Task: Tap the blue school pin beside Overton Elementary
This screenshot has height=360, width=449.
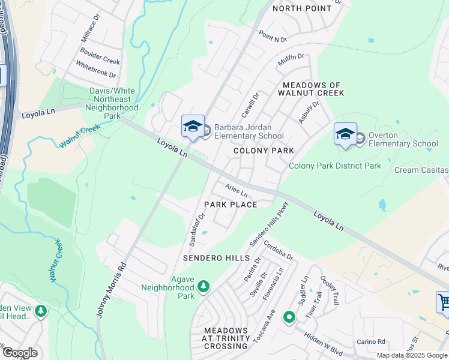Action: tap(346, 134)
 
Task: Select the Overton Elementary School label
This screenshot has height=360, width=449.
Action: tap(403, 139)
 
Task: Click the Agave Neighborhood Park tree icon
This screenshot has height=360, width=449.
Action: tap(203, 286)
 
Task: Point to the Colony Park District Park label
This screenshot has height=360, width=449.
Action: tap(335, 166)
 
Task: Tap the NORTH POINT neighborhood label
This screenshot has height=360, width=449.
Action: tap(302, 8)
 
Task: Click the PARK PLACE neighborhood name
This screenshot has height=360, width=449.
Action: tap(231, 205)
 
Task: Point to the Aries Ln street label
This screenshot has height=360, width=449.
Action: tap(237, 190)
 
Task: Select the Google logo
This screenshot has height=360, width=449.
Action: tap(19, 353)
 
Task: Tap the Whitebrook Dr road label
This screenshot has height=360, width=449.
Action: tap(95, 73)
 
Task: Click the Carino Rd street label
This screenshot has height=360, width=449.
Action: tap(372, 341)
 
